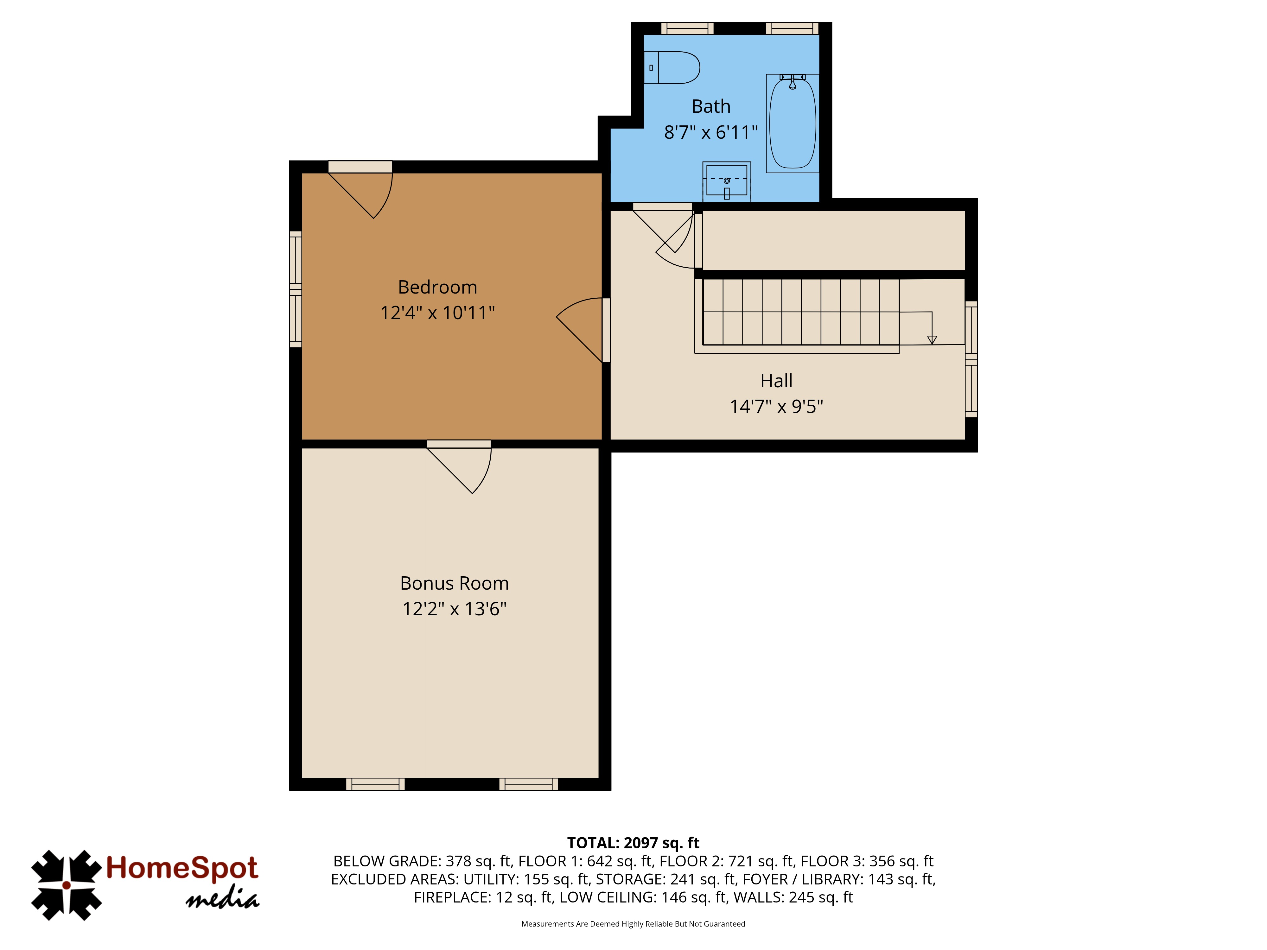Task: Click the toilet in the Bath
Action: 671,67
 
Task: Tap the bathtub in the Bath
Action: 793,123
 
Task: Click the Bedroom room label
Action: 438,287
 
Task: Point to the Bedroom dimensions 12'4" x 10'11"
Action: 438,313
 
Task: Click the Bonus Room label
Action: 454,583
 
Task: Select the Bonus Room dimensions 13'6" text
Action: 485,609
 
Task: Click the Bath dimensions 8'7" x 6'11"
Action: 711,132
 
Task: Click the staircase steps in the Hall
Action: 801,312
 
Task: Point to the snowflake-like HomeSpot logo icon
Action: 67,885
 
